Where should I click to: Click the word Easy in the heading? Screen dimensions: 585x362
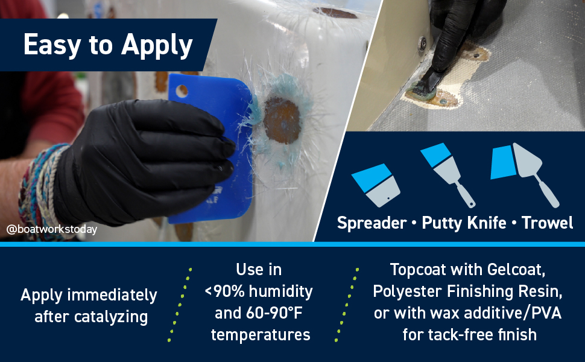pyautogui.click(x=52, y=45)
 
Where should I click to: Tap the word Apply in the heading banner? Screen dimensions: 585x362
pyautogui.click(x=157, y=46)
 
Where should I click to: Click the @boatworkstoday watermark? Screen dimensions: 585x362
pyautogui.click(x=52, y=229)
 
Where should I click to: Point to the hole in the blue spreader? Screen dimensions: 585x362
pyautogui.click(x=182, y=91)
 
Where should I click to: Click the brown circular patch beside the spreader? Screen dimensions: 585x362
pyautogui.click(x=282, y=121)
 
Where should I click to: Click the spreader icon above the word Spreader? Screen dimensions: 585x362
pyautogui.click(x=376, y=185)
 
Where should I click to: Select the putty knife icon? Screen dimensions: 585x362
pyautogui.click(x=447, y=174)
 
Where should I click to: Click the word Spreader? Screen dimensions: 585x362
pyautogui.click(x=372, y=223)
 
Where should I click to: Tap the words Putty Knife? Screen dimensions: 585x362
pyautogui.click(x=464, y=223)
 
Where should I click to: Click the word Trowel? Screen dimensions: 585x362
pyautogui.click(x=547, y=223)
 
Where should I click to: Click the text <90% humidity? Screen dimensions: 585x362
pyautogui.click(x=259, y=291)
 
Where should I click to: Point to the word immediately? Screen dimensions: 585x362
pyautogui.click(x=112, y=296)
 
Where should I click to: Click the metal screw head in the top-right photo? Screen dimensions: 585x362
pyautogui.click(x=423, y=45)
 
